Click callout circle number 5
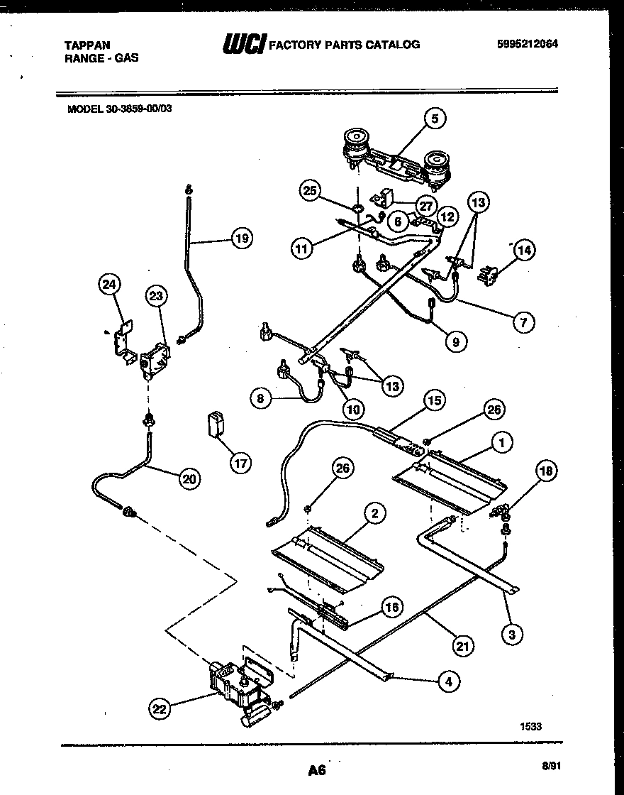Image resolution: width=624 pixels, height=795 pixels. (435, 119)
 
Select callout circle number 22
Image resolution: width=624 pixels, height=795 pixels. (161, 707)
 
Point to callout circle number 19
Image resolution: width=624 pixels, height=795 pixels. (242, 238)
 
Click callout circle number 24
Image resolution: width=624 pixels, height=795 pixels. (108, 285)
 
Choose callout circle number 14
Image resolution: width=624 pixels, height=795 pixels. (524, 250)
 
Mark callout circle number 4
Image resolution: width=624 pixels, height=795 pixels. (447, 681)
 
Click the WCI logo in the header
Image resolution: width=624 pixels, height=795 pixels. (244, 45)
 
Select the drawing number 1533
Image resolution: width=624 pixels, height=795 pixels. (533, 725)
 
